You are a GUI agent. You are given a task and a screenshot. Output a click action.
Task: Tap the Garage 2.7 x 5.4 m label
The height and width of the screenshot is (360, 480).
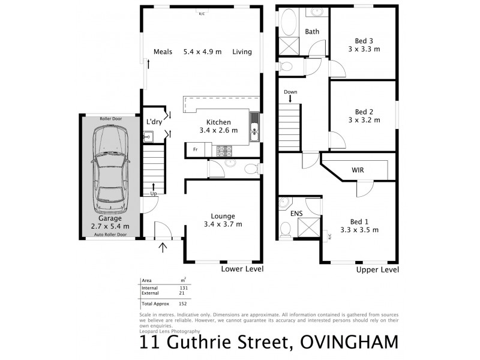pos(110,222)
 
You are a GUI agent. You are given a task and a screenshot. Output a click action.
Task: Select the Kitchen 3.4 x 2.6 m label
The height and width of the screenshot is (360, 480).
pos(218,125)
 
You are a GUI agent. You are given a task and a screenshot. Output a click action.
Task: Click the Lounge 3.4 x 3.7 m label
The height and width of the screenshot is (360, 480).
pos(222,220)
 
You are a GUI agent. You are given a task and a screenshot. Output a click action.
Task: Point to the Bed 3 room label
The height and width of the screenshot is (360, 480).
pos(364,44)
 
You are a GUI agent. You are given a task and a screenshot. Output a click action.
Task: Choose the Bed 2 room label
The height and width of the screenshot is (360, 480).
pos(364,116)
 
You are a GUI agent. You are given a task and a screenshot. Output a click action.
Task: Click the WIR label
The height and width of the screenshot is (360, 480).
pos(358,170)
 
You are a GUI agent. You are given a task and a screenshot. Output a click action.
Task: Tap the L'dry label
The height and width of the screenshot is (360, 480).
pos(155,122)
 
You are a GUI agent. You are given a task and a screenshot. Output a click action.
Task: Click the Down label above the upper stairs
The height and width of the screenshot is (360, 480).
pos(290,92)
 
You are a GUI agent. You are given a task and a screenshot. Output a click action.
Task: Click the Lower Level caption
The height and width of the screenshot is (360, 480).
pos(243,269)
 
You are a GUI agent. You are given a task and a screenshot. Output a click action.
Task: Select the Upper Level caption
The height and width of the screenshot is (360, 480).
pos(378,269)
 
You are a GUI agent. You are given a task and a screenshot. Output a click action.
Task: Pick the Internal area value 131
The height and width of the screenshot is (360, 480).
pos(184,288)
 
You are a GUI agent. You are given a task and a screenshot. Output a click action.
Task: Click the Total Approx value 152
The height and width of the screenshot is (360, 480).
pos(184,304)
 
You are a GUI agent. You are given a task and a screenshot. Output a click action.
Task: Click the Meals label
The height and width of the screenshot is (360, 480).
pos(163,52)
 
